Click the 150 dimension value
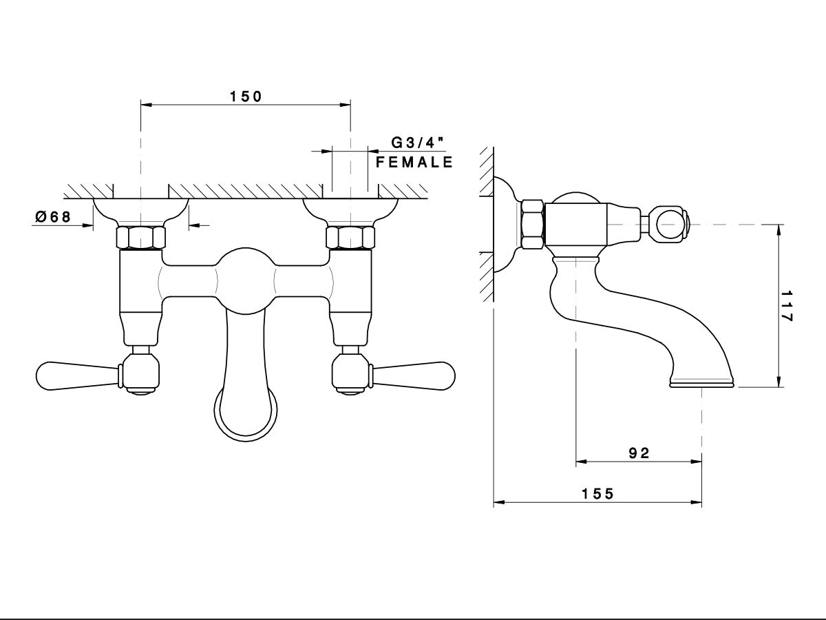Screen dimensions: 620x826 tap(246, 96)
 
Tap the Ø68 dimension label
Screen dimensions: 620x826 tap(53, 216)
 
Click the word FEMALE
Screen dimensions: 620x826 tap(414, 163)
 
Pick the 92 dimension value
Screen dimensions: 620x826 tap(639, 453)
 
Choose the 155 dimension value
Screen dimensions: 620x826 tap(597, 493)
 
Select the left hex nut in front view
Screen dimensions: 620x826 tap(141, 238)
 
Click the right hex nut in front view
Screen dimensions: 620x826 tap(350, 238)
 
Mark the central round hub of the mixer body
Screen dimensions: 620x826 tap(246, 276)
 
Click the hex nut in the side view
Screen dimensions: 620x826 tap(533, 224)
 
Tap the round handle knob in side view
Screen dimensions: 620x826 tap(670, 225)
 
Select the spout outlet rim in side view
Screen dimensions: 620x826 tap(701, 383)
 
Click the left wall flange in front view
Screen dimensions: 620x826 tap(140, 210)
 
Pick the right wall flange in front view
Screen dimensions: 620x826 tap(350, 210)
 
